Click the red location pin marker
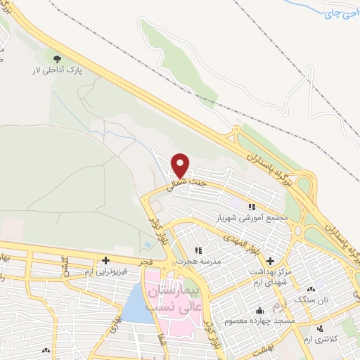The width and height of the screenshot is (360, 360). pyautogui.click(x=181, y=165)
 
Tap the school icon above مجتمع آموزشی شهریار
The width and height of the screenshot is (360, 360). pyautogui.click(x=251, y=207)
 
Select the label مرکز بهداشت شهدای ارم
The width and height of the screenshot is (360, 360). pyautogui.click(x=271, y=276)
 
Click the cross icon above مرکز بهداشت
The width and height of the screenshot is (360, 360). pyautogui.click(x=271, y=260)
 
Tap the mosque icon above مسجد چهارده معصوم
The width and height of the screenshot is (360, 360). pyautogui.click(x=261, y=310)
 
